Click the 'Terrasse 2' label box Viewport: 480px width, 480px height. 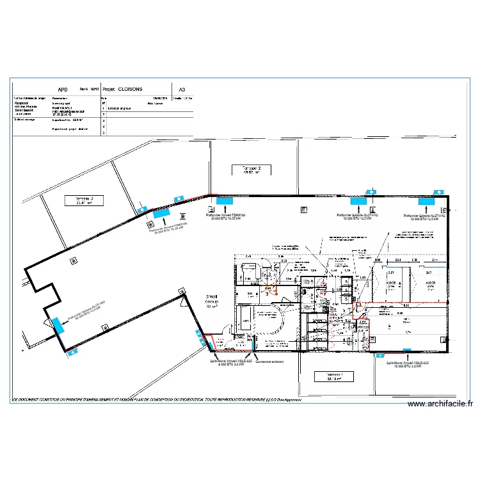click(x=252, y=170)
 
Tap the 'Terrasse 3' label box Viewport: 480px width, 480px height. click(x=84, y=200)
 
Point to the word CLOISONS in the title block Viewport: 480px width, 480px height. click(x=131, y=90)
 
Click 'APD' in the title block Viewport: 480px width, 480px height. click(x=62, y=90)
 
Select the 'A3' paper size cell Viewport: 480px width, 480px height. click(x=182, y=90)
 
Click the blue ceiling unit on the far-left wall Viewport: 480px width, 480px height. click(x=58, y=325)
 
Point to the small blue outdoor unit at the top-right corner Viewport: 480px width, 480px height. click(x=438, y=191)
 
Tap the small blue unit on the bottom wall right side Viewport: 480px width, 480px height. click(x=407, y=349)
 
